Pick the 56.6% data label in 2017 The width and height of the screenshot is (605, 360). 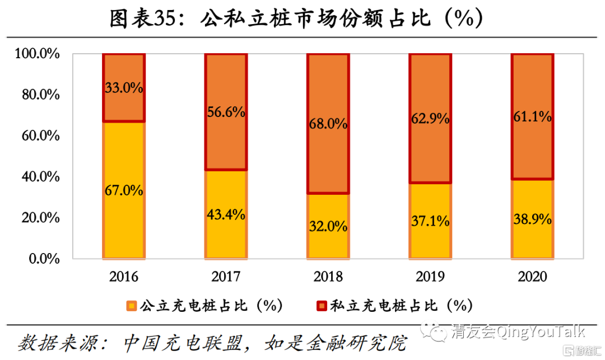[226, 111]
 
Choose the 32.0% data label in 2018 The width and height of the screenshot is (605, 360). [328, 227]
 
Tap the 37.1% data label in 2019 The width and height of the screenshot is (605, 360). [430, 221]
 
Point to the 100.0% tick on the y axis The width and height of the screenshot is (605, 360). [37, 54]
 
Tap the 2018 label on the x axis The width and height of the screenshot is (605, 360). [328, 277]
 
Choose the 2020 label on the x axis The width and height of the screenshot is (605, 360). [532, 277]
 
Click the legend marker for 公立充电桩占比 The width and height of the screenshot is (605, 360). [132, 306]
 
